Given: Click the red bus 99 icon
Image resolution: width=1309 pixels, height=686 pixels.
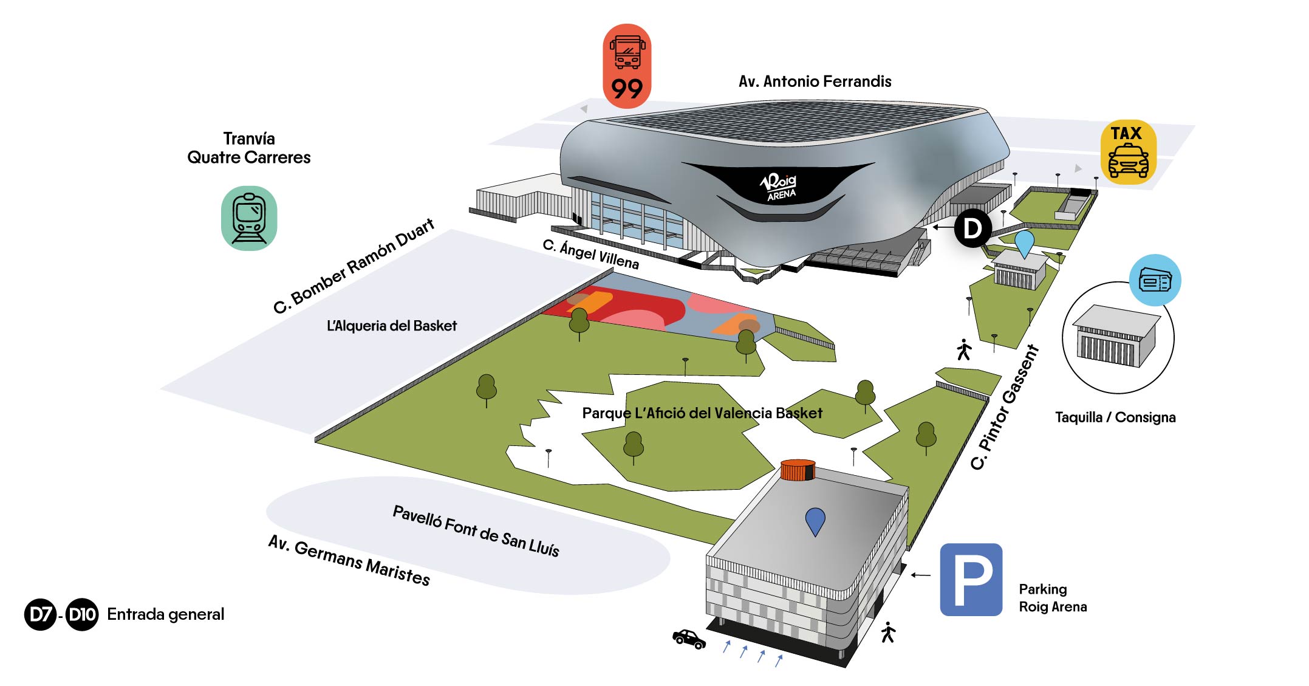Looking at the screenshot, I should pyautogui.click(x=627, y=66).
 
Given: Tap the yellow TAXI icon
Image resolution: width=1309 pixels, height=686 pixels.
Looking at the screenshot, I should pyautogui.click(x=1128, y=153).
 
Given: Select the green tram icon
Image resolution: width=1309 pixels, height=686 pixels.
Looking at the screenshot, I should pyautogui.click(x=249, y=218).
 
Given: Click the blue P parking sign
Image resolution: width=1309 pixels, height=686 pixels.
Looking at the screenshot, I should pyautogui.click(x=971, y=580).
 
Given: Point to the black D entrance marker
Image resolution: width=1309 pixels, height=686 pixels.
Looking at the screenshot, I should pyautogui.click(x=972, y=228).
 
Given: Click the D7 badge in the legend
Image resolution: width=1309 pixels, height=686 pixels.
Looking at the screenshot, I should pyautogui.click(x=41, y=614).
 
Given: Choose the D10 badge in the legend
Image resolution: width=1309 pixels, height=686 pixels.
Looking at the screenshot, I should pyautogui.click(x=82, y=614).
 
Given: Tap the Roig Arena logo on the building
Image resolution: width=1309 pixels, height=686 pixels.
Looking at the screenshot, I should pyautogui.click(x=779, y=186).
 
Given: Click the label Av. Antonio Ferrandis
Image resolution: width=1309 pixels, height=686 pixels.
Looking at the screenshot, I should pyautogui.click(x=815, y=81).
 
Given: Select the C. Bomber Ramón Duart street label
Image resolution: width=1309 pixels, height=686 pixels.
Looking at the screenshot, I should pyautogui.click(x=354, y=266).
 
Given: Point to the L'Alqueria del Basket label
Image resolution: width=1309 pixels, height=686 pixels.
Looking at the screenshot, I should pyautogui.click(x=392, y=326).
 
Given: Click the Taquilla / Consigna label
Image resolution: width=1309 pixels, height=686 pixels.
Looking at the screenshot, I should pyautogui.click(x=1115, y=417).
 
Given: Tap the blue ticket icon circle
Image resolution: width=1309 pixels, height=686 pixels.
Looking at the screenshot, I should pyautogui.click(x=1155, y=281).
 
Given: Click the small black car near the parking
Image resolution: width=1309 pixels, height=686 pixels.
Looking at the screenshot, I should pyautogui.click(x=689, y=639).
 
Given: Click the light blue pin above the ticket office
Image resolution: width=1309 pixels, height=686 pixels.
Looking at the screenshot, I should pyautogui.click(x=1024, y=242).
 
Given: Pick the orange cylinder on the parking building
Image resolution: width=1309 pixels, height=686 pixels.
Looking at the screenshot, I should pyautogui.click(x=798, y=470).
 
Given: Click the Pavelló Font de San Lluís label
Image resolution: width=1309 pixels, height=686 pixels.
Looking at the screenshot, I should pyautogui.click(x=476, y=530).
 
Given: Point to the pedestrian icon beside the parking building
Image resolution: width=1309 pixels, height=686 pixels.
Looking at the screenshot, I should pyautogui.click(x=888, y=633).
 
